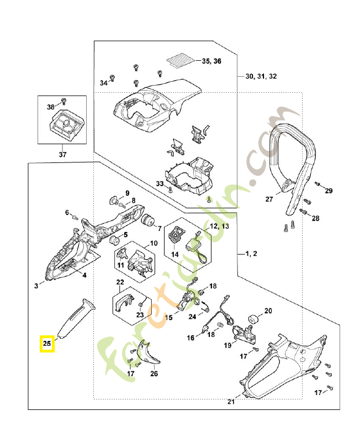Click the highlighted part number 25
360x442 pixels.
(x=47, y=344)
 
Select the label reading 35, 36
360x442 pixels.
(x=211, y=61)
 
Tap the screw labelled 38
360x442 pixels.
(x=62, y=101)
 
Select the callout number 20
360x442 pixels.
(x=268, y=311)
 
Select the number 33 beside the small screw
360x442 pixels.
(x=160, y=183)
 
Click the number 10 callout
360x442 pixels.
(x=153, y=243)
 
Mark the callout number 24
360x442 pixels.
(x=193, y=317)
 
